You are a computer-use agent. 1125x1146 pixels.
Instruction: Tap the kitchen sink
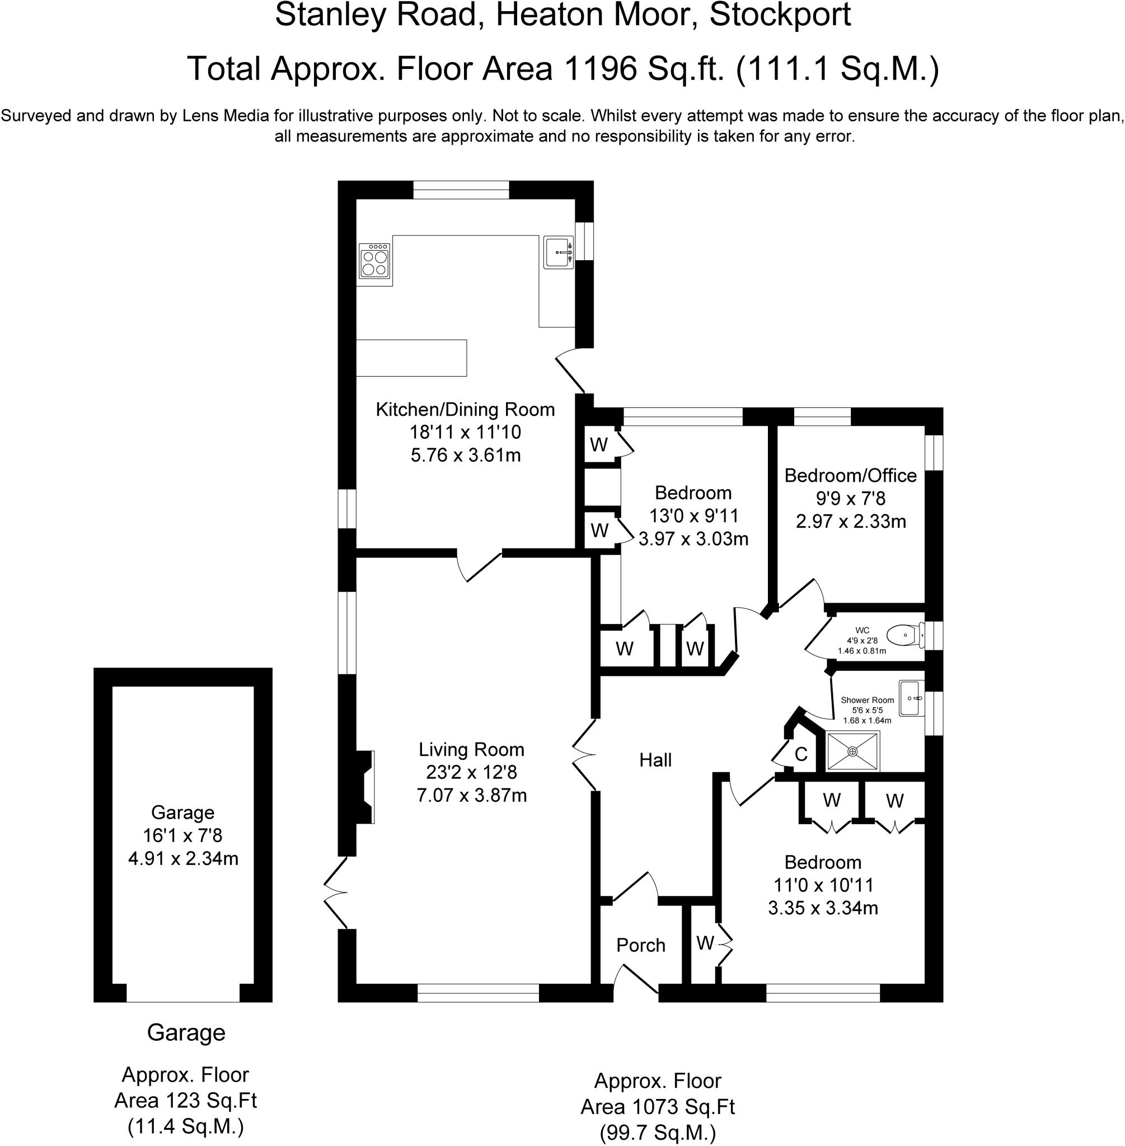pos(559,252)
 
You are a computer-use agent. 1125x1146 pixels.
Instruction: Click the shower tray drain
pos(852,752)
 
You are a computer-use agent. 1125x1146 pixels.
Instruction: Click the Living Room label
pos(471,750)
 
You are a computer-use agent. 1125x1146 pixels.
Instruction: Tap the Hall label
pos(655,760)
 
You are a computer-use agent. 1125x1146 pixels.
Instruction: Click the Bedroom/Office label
pos(850,476)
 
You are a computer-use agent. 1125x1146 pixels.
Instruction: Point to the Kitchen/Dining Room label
pos(465,410)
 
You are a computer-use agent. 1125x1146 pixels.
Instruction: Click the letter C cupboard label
pos(801,754)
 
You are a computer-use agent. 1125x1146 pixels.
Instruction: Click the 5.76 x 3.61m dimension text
pos(466,455)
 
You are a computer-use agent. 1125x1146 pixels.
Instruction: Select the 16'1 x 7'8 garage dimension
pos(182,835)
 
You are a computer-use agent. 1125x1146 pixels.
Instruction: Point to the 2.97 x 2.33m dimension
pos(850,522)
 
